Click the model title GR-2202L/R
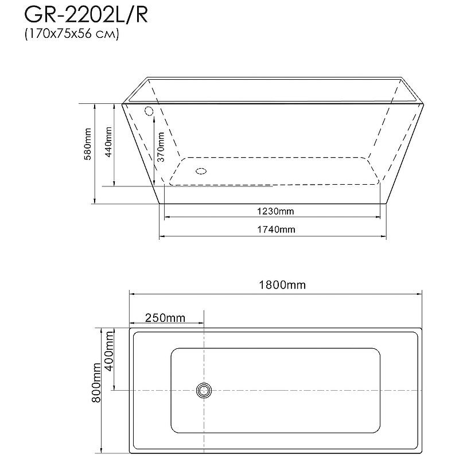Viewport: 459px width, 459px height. [x=86, y=15]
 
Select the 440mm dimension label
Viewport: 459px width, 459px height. [x=108, y=144]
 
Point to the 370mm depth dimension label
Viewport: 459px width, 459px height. [x=161, y=147]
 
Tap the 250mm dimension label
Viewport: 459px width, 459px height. [x=165, y=317]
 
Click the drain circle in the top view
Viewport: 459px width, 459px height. [x=204, y=391]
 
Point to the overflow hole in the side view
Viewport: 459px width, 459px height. [x=149, y=111]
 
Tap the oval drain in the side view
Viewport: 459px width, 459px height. [x=201, y=170]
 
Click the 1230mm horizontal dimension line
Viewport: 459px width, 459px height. [x=344, y=217]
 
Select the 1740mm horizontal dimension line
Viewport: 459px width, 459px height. [x=344, y=236]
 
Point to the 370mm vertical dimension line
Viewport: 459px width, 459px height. [x=154, y=166]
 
